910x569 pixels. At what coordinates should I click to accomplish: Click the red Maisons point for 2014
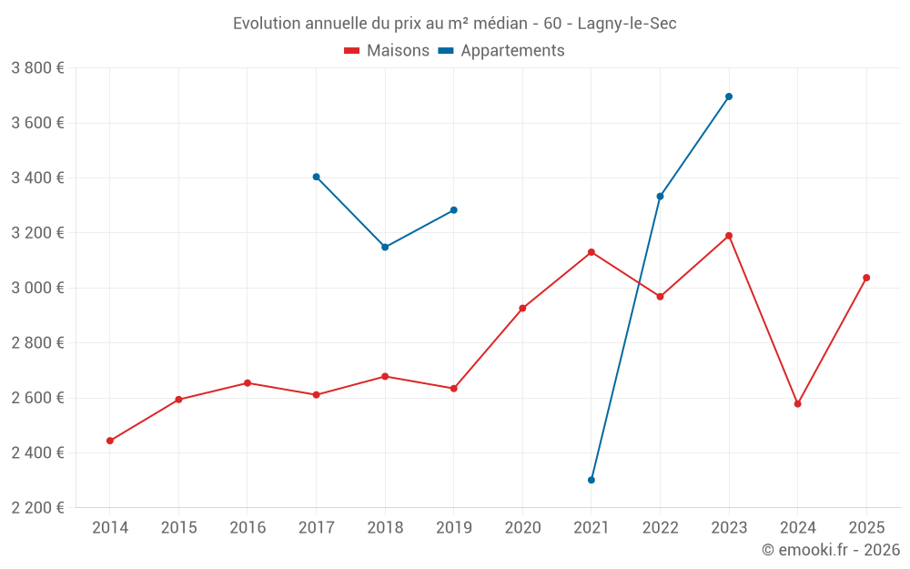tap(110, 441)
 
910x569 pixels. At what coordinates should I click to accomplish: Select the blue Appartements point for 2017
tap(316, 177)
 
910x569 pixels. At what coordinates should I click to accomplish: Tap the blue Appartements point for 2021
tap(591, 480)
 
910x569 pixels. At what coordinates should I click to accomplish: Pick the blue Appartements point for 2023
tap(729, 97)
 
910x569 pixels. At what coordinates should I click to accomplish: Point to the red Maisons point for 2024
tap(798, 403)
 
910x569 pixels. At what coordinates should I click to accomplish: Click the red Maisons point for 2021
tap(591, 252)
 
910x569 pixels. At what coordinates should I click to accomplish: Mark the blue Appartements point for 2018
tap(385, 247)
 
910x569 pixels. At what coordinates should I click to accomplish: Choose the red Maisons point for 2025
tap(866, 278)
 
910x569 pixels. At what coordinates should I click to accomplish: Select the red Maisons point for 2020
tap(522, 308)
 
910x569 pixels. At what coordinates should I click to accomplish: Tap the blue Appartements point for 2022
tap(660, 196)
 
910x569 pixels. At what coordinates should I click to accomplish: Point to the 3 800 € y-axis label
tap(37, 68)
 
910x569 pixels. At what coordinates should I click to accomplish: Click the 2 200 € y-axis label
tap(37, 508)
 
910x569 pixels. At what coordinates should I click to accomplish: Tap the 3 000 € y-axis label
tap(37, 288)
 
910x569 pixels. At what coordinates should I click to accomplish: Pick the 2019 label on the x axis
tap(454, 527)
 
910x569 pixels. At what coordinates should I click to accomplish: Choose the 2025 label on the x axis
tap(866, 527)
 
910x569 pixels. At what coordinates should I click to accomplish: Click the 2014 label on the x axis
tap(110, 527)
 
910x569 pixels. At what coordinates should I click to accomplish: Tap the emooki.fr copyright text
tap(831, 550)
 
